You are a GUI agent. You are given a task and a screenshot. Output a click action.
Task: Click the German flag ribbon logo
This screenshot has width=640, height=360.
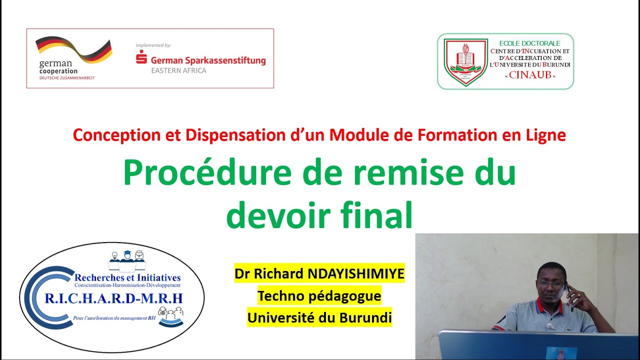(x=73, y=49)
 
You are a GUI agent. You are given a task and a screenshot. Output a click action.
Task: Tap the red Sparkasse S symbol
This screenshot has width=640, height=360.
(x=141, y=56)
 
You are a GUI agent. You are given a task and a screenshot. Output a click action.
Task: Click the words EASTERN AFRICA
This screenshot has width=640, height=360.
(x=178, y=70)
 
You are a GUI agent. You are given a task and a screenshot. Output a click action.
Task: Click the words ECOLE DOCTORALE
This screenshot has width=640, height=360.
(x=529, y=43)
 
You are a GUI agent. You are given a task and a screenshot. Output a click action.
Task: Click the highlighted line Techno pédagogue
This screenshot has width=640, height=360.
(x=319, y=296)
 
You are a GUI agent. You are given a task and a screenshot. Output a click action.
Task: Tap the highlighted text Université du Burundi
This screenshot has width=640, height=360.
(x=319, y=317)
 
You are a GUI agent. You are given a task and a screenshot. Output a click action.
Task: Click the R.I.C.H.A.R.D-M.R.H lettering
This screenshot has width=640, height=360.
(x=114, y=298)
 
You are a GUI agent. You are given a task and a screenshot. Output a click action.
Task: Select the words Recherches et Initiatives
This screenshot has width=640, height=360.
(x=127, y=277)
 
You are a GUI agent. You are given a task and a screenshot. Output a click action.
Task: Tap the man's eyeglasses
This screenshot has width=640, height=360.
(x=550, y=284)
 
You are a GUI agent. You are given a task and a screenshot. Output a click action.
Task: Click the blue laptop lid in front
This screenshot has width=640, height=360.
(x=525, y=345)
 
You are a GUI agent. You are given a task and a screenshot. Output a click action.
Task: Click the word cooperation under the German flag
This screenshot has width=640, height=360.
(x=58, y=71)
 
